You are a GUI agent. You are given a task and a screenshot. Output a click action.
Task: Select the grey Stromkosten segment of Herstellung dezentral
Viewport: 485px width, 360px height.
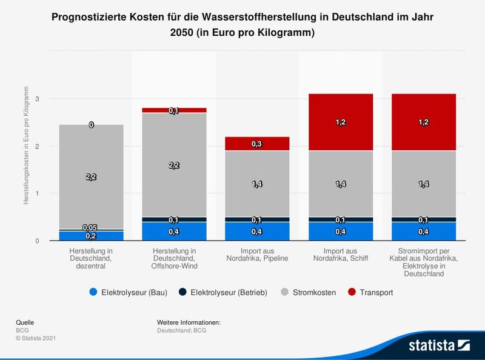(x=92, y=194)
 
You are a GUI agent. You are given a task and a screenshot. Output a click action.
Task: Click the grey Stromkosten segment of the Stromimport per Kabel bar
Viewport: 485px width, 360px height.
(x=424, y=200)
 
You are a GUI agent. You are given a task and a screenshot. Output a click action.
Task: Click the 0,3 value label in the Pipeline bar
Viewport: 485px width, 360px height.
(x=258, y=144)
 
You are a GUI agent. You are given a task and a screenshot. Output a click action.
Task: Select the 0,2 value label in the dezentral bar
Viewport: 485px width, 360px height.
(x=92, y=236)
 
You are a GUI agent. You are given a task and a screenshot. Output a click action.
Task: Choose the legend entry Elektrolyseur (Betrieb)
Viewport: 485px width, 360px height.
(x=223, y=292)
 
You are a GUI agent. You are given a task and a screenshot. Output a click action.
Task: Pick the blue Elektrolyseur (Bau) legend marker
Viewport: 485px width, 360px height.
(x=93, y=292)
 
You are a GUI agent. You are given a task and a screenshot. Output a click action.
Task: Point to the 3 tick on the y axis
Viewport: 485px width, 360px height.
(x=37, y=99)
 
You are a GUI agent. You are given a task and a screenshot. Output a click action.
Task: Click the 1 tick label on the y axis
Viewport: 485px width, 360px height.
(x=37, y=194)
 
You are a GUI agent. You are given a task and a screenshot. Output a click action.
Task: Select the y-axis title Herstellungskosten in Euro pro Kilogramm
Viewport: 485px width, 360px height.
(x=27, y=145)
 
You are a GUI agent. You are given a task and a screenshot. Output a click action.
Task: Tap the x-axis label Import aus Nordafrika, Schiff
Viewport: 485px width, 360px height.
(x=341, y=254)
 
